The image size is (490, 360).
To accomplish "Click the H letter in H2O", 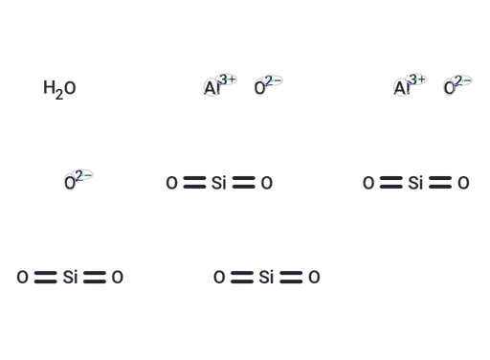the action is click(x=49, y=87).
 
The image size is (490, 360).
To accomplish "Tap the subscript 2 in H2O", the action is click(x=59, y=95).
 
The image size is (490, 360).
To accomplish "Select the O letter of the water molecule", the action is click(x=70, y=87).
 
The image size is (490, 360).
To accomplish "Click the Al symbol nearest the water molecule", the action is click(x=212, y=88).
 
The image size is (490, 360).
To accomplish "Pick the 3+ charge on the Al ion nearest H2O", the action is click(x=228, y=79).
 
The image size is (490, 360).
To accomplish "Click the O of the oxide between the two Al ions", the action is click(x=259, y=88).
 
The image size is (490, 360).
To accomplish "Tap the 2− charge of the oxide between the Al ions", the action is click(x=274, y=80).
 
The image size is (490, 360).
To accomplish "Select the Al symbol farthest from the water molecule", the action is click(x=401, y=88).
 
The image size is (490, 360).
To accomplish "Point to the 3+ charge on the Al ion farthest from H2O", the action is click(x=417, y=79).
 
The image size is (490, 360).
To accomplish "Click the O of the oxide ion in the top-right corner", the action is click(x=449, y=88).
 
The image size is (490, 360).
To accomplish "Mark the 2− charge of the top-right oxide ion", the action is click(x=463, y=80).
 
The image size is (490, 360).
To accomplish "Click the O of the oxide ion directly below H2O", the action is click(x=70, y=183).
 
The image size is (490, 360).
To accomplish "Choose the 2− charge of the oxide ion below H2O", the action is click(x=83, y=175).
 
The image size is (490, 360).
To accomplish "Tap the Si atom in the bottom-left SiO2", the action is click(x=70, y=277).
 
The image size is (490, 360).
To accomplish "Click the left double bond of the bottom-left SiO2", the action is click(x=46, y=277).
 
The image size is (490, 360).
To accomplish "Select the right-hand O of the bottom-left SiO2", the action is click(x=118, y=277).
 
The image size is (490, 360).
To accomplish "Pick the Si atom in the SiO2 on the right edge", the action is click(x=415, y=183).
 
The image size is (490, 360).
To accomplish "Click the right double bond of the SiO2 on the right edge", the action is click(x=440, y=183).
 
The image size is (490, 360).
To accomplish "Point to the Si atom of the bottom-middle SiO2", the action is click(x=266, y=277).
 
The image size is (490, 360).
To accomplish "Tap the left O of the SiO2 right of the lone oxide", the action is click(x=171, y=183).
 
